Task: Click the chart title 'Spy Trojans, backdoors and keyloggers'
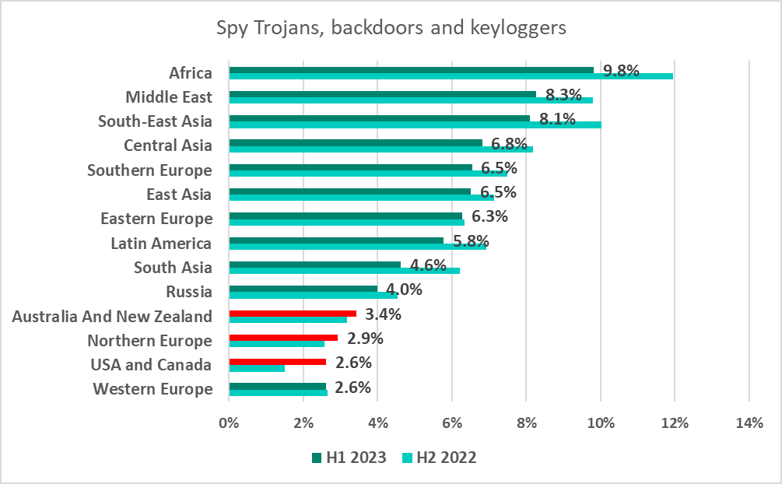(x=391, y=28)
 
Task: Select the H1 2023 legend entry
(x=348, y=458)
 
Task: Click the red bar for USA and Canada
(x=277, y=361)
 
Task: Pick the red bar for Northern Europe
(x=283, y=337)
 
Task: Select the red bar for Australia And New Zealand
(x=293, y=313)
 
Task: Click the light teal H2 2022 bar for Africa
(x=451, y=76)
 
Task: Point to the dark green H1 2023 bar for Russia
(x=303, y=289)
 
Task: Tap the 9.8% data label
(x=621, y=71)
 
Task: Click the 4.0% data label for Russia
(x=405, y=289)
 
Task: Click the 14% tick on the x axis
(x=749, y=423)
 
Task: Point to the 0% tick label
(x=229, y=423)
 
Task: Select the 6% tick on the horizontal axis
(x=451, y=423)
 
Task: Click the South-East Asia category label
(x=155, y=121)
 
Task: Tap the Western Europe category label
(x=152, y=389)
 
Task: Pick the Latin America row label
(x=161, y=244)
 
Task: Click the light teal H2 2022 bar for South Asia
(x=344, y=271)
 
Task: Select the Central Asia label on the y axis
(x=167, y=146)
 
